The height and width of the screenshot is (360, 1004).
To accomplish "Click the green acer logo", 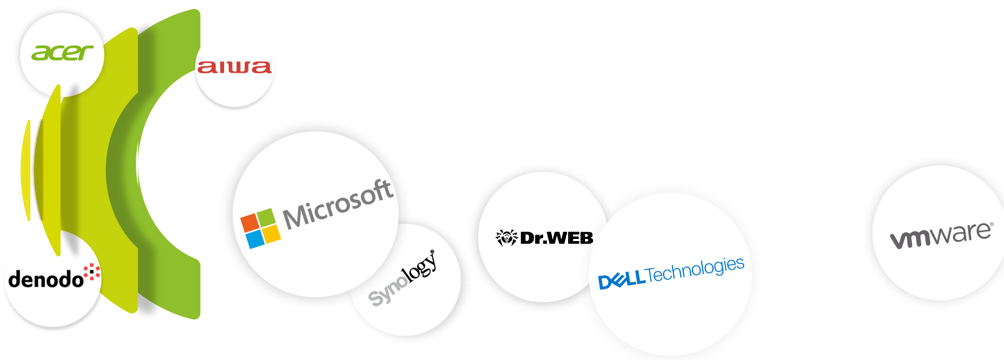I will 62,53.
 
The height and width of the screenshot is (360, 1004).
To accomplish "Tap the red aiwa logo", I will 234,67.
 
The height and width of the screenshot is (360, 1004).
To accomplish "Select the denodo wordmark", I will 46,279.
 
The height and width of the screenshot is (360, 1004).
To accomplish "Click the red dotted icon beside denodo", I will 92,272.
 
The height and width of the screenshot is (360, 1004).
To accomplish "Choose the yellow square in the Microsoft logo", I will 272,234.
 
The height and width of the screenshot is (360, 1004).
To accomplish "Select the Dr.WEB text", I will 556,238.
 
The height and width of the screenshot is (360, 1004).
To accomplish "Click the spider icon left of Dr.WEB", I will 506,237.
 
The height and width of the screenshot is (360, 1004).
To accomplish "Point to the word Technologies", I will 695,270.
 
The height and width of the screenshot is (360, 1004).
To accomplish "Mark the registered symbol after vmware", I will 991,224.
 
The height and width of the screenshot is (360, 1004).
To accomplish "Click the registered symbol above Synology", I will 432,252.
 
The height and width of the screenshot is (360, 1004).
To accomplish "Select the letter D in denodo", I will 15,279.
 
